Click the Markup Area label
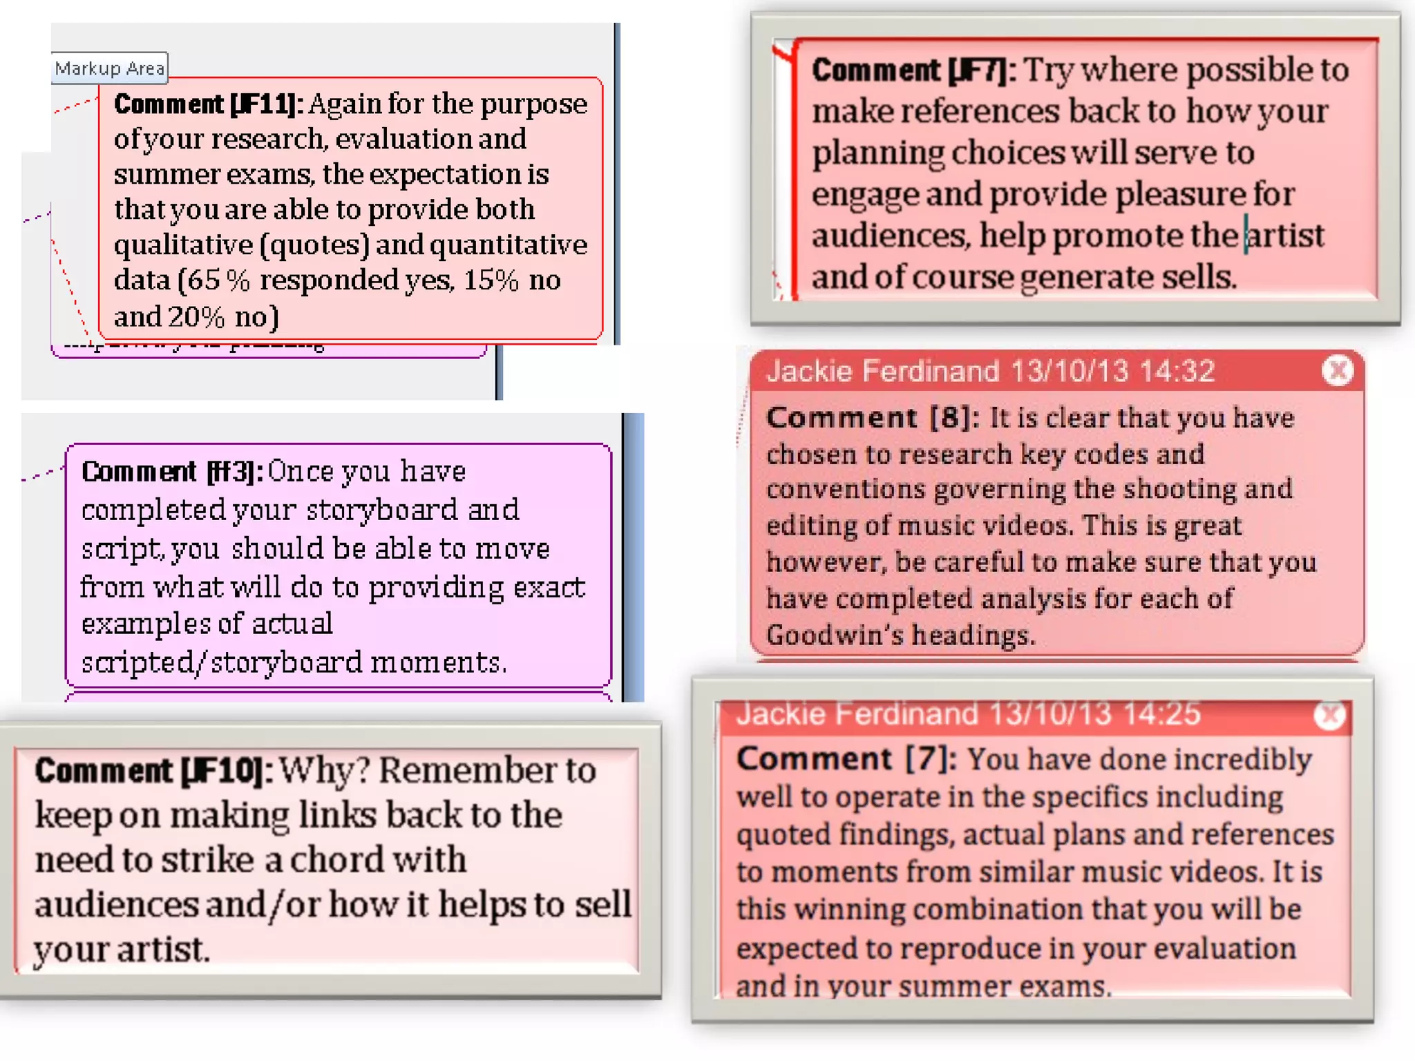110,68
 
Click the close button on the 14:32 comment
1338,371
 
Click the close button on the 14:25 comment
1329,716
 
